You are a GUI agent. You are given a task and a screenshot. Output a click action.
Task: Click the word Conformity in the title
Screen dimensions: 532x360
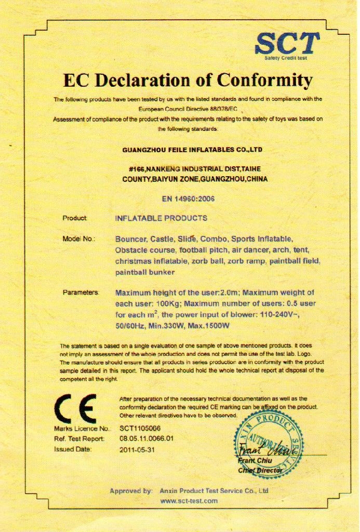[264, 81]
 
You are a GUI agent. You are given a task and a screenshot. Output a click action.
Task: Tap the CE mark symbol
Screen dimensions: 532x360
[76, 408]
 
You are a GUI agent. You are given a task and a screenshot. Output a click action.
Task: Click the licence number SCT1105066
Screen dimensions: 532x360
[140, 429]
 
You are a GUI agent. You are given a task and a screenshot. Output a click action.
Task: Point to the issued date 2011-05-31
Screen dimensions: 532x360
[137, 449]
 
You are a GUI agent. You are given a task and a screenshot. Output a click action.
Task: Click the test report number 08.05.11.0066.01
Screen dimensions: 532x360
[146, 439]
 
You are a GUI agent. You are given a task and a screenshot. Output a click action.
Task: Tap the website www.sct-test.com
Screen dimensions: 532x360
[189, 501]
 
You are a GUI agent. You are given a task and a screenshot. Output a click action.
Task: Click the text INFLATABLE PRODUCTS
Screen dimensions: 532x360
[161, 218]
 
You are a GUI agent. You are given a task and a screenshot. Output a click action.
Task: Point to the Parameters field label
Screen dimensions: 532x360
[81, 293]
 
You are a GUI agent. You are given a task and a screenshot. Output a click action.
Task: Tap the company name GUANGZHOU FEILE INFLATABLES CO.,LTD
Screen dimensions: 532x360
[192, 150]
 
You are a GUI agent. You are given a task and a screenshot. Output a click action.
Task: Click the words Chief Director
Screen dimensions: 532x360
[260, 470]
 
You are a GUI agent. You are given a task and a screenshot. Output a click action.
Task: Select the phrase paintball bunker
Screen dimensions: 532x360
[145, 272]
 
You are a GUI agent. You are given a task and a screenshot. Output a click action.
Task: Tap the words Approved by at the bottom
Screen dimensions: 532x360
[131, 490]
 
